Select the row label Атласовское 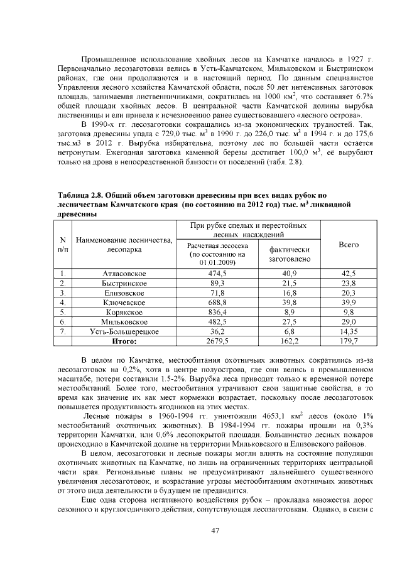(x=124, y=274)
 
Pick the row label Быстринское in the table (x=124, y=283)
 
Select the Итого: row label (x=124, y=341)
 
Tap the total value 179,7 (x=348, y=341)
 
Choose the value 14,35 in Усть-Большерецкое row (x=348, y=331)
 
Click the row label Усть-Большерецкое (x=124, y=331)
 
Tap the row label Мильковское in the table (x=124, y=321)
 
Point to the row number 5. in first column (x=63, y=312)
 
